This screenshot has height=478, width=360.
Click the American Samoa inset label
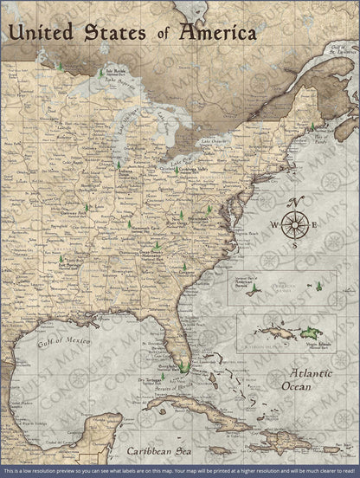point(251,280)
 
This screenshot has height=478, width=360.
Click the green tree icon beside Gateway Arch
point(86,208)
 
